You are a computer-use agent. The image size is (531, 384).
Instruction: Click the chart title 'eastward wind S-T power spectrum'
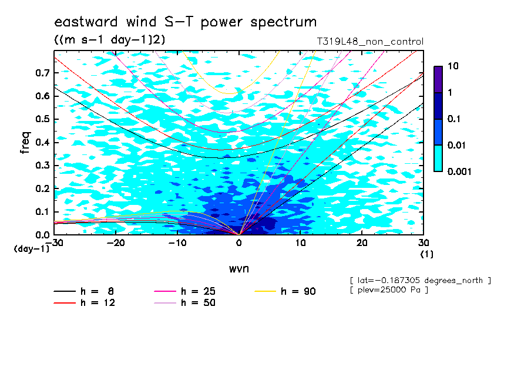point(185,22)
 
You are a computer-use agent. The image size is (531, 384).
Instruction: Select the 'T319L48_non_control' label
point(370,42)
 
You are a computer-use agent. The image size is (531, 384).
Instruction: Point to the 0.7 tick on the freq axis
point(42,73)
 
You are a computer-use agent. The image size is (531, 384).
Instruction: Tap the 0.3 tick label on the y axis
point(42,165)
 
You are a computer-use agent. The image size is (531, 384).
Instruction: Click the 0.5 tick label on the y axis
point(42,119)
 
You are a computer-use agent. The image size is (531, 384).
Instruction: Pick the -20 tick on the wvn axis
point(116,243)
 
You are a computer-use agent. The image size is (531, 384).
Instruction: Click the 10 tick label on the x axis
point(300,243)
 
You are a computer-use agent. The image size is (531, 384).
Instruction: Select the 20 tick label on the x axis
point(362,243)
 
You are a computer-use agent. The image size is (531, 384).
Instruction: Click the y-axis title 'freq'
point(25,143)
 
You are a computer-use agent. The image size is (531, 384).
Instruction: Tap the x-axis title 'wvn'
point(238,269)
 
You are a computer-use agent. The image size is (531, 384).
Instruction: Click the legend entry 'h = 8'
point(83,291)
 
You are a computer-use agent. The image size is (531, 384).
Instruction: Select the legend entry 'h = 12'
point(85,303)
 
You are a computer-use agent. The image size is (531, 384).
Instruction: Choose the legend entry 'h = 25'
point(184,291)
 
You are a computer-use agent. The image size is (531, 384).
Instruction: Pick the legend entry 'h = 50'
point(184,303)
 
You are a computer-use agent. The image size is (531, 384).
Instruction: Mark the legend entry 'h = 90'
point(285,291)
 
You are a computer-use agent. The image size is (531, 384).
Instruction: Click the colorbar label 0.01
point(456,146)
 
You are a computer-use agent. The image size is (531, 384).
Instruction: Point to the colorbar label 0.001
point(459,171)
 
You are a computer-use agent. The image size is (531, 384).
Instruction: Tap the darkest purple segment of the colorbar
point(438,80)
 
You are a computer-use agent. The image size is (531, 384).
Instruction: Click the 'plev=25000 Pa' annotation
point(389,290)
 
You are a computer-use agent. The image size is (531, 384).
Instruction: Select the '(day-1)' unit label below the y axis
point(31,249)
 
